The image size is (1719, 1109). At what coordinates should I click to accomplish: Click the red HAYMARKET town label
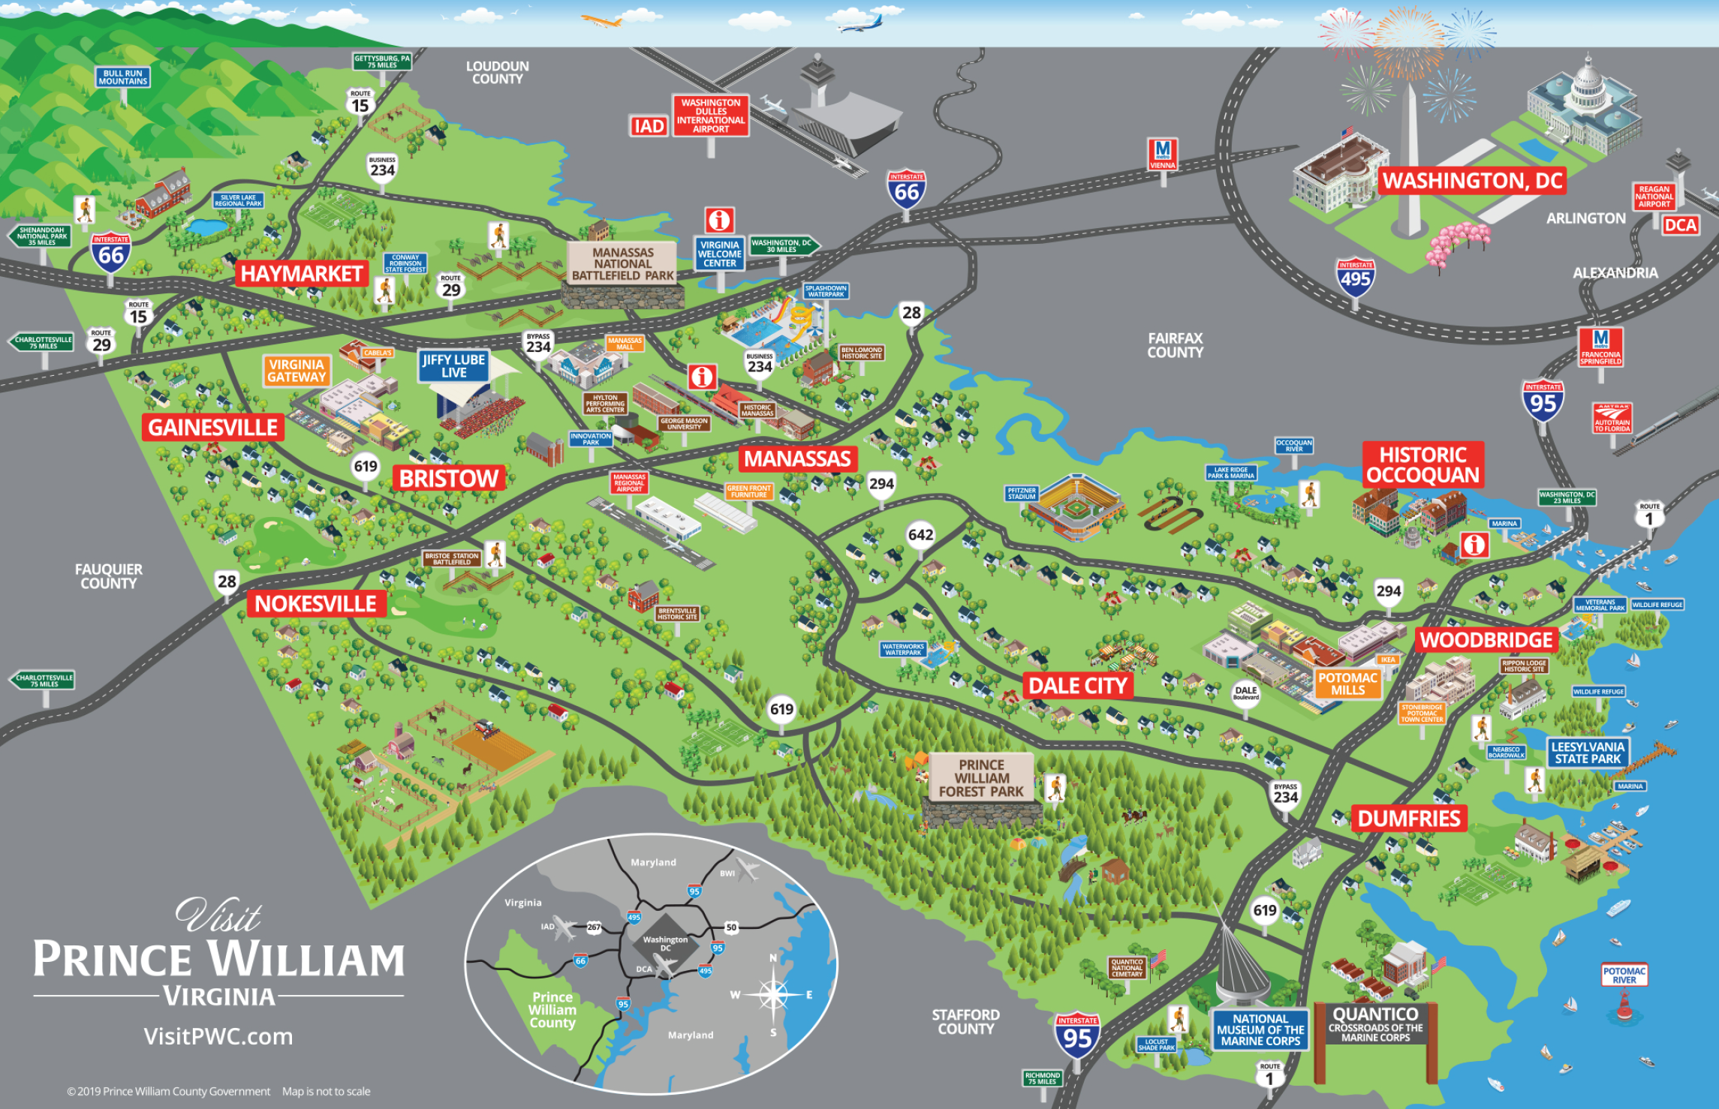click(x=302, y=274)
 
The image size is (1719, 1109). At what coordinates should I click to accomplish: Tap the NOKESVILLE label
click(x=315, y=604)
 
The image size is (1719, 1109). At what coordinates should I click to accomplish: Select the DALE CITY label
click(x=1077, y=686)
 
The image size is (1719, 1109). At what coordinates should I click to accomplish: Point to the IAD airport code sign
click(x=649, y=126)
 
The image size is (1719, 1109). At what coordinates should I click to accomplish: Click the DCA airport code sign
click(x=1680, y=225)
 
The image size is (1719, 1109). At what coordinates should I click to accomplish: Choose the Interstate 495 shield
click(x=1356, y=278)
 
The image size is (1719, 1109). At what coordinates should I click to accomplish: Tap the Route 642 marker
click(x=920, y=535)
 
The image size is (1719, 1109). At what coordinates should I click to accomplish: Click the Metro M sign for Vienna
click(x=1163, y=154)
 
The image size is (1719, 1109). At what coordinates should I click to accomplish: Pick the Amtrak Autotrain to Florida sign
click(x=1612, y=418)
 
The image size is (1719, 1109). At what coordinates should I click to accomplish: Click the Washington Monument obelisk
click(x=1411, y=158)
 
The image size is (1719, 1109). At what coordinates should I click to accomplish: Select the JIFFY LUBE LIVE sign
click(x=453, y=366)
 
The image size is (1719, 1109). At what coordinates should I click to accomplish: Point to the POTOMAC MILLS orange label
click(x=1348, y=684)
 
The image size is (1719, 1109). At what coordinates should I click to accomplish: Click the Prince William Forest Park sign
click(x=981, y=778)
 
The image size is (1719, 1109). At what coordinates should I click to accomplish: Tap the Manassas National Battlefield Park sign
click(x=622, y=264)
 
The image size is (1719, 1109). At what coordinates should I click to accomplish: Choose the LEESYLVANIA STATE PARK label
click(x=1588, y=753)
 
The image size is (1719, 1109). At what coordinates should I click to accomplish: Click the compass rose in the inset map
click(x=773, y=995)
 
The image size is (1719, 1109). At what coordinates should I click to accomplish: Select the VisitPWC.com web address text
click(x=218, y=1036)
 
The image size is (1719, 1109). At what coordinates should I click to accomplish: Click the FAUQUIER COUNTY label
click(x=108, y=576)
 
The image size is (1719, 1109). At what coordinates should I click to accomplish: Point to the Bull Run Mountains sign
click(x=123, y=77)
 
